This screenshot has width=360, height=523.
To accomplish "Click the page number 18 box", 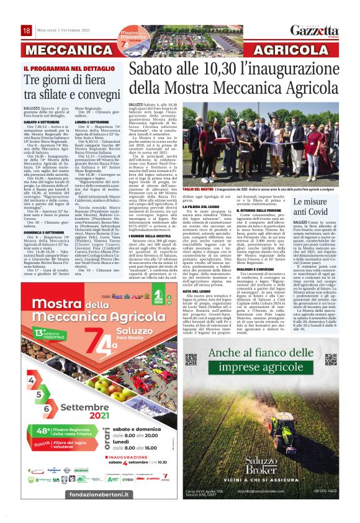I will click(27, 31).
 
